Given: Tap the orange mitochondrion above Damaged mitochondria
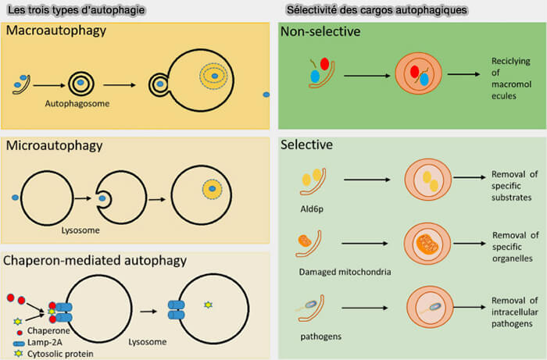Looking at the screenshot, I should pyautogui.click(x=308, y=241).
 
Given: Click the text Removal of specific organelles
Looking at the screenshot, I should pyautogui.click(x=515, y=246).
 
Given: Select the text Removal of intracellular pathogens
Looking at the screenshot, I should pyautogui.click(x=515, y=312).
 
